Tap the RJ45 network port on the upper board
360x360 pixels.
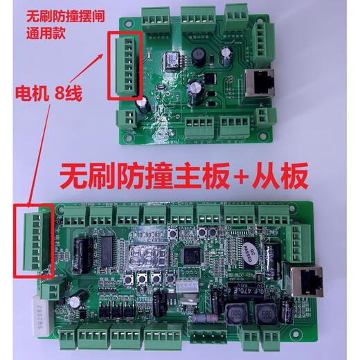(x=261, y=82)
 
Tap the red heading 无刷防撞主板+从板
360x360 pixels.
(x=183, y=177)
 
